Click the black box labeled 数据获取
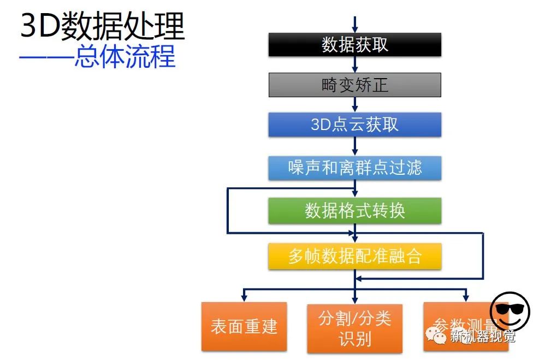354,45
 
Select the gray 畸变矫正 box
354,85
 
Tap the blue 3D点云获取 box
354,125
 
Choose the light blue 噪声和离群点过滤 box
354,168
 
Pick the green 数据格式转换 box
354,211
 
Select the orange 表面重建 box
244,326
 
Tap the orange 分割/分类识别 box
354,328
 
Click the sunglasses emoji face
509,311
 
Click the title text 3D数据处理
103,25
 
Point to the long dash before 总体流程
46,57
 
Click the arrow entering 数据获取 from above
355,25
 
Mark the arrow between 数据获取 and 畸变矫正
355,65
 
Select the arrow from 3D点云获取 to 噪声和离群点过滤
355,146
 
